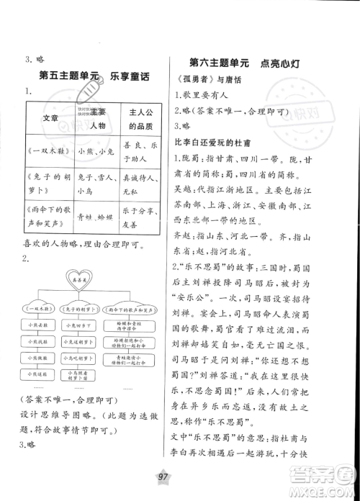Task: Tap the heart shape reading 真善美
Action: [85, 276]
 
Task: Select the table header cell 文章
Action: [50, 117]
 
